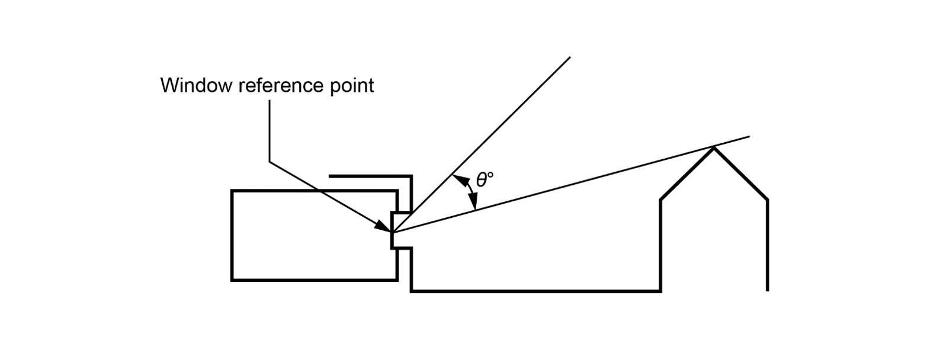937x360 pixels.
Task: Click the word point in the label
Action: pos(351,86)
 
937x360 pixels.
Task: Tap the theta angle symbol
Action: pos(482,180)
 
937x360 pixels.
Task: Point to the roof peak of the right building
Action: pos(714,147)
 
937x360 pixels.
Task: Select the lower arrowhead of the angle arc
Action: pos(473,204)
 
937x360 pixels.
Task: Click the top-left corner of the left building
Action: pos(232,191)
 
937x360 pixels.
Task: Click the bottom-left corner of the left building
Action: pos(232,279)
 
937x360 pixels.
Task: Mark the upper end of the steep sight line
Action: pos(570,57)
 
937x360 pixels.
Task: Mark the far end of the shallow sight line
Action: pos(749,137)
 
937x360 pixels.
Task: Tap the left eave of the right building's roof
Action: pos(661,201)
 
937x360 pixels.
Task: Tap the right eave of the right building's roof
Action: pos(768,200)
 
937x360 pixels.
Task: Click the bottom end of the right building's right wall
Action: pos(768,290)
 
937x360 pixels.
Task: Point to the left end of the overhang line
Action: pos(329,176)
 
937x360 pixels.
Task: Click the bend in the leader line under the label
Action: pos(270,161)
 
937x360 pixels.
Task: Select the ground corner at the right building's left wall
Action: pos(660,291)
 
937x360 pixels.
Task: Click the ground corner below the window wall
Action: pos(412,291)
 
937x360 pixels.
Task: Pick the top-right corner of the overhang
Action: pos(411,176)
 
